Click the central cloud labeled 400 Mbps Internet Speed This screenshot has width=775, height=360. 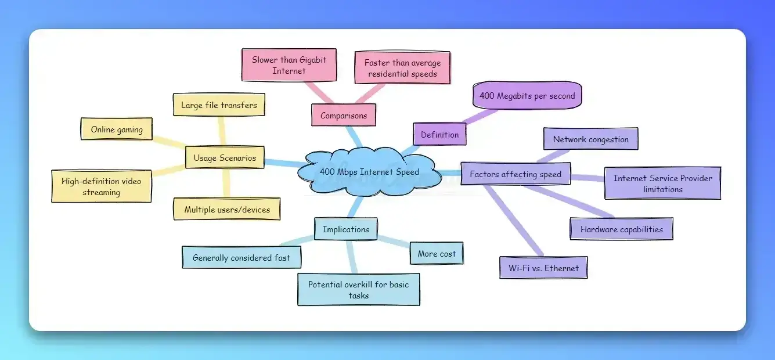tap(369, 172)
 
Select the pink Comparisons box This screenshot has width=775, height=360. tap(344, 115)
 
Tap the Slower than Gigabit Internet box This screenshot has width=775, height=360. tap(289, 65)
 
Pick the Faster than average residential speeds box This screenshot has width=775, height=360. tap(402, 68)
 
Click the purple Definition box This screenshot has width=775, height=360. tap(439, 134)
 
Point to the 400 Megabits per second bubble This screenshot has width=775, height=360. tap(527, 96)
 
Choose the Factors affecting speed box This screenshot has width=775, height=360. tap(516, 174)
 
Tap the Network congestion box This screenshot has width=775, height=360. tap(590, 139)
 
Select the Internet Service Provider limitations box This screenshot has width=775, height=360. tap(662, 183)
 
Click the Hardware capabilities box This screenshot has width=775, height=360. tap(621, 229)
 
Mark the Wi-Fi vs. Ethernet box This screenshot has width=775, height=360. tap(543, 268)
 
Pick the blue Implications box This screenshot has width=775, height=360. tap(346, 229)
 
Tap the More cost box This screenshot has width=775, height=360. tap(437, 254)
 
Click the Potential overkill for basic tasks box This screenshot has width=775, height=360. tap(359, 290)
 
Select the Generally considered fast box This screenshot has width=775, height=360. tap(241, 257)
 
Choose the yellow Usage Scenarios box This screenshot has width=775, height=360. tap(225, 157)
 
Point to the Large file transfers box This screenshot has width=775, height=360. tap(219, 105)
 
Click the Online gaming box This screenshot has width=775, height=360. tap(116, 129)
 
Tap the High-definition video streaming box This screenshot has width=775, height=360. tap(101, 186)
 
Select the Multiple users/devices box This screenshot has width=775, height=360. tap(227, 209)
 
